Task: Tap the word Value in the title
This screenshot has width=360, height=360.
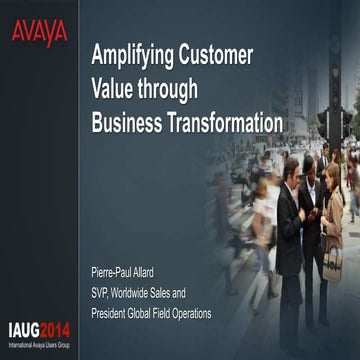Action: click(x=115, y=88)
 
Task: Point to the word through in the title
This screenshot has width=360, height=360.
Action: click(x=173, y=90)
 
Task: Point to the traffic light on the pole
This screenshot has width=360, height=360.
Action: click(x=324, y=124)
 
